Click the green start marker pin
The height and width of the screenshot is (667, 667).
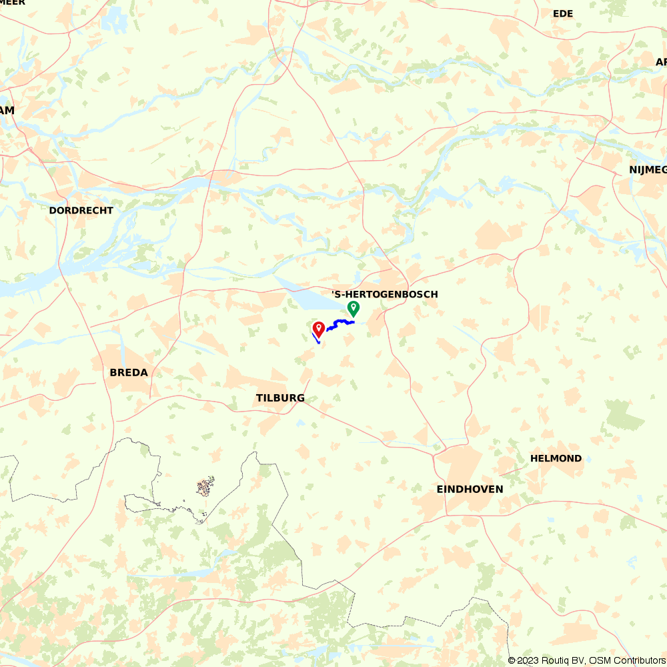(x=354, y=308)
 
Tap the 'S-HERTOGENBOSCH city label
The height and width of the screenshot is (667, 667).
(x=385, y=294)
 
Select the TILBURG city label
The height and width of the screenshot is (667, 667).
(x=280, y=398)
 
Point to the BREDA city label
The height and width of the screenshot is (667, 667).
(x=129, y=372)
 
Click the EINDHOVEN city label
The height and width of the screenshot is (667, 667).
(x=470, y=489)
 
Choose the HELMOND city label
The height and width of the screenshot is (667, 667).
(x=556, y=458)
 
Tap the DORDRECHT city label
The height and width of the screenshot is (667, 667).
(x=81, y=210)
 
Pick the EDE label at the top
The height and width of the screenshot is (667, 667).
(x=563, y=13)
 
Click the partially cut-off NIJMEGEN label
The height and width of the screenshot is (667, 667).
(x=647, y=169)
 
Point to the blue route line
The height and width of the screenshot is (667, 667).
(x=340, y=323)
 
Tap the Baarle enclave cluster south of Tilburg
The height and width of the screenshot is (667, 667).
(x=205, y=486)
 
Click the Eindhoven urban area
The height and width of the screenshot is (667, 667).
(x=460, y=467)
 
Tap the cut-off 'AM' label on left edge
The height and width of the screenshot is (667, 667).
(x=7, y=110)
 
